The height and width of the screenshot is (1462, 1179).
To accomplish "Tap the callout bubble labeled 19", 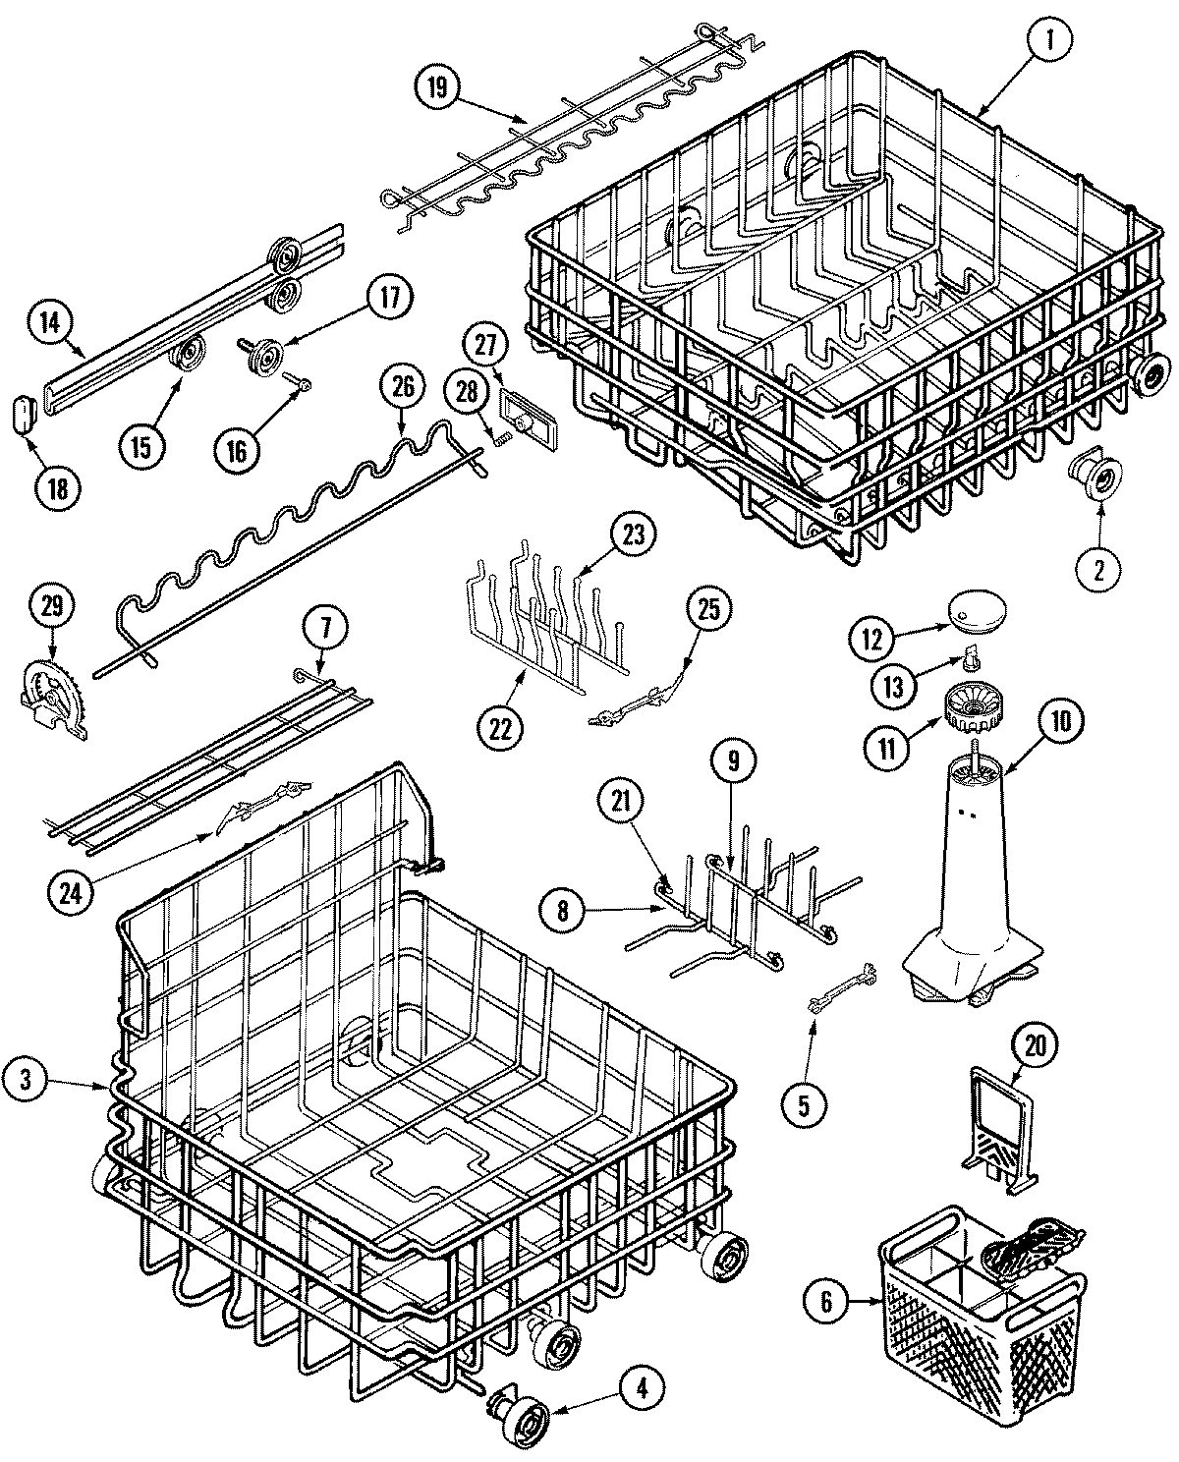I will (438, 88).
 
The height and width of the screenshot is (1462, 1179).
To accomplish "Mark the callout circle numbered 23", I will (634, 536).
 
